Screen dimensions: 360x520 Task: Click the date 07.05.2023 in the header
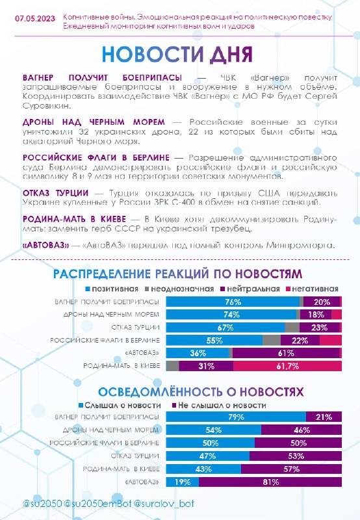[35, 18]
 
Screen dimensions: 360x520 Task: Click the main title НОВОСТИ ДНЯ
[177, 54]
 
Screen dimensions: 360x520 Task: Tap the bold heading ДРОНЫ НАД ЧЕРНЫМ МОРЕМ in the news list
[94, 122]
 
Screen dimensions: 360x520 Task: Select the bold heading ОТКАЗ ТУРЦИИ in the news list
[56, 192]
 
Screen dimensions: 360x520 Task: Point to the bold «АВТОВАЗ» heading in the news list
[45, 245]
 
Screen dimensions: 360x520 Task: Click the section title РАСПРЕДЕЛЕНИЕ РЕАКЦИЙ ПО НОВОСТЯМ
[177, 274]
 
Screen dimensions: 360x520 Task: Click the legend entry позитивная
[112, 289]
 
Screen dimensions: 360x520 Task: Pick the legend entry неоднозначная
[179, 289]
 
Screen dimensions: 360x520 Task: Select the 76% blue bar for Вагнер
[233, 302]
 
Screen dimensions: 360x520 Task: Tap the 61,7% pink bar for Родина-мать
[287, 366]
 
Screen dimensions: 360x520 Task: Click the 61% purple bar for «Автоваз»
[286, 353]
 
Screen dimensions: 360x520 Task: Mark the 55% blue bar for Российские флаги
[214, 340]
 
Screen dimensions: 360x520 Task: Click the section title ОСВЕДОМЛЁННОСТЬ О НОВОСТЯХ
[201, 392]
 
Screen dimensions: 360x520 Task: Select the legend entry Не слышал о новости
[219, 405]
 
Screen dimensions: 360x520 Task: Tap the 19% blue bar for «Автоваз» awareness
[183, 482]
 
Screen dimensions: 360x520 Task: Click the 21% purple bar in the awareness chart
[324, 417]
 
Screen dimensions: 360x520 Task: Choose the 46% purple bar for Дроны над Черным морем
[302, 430]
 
